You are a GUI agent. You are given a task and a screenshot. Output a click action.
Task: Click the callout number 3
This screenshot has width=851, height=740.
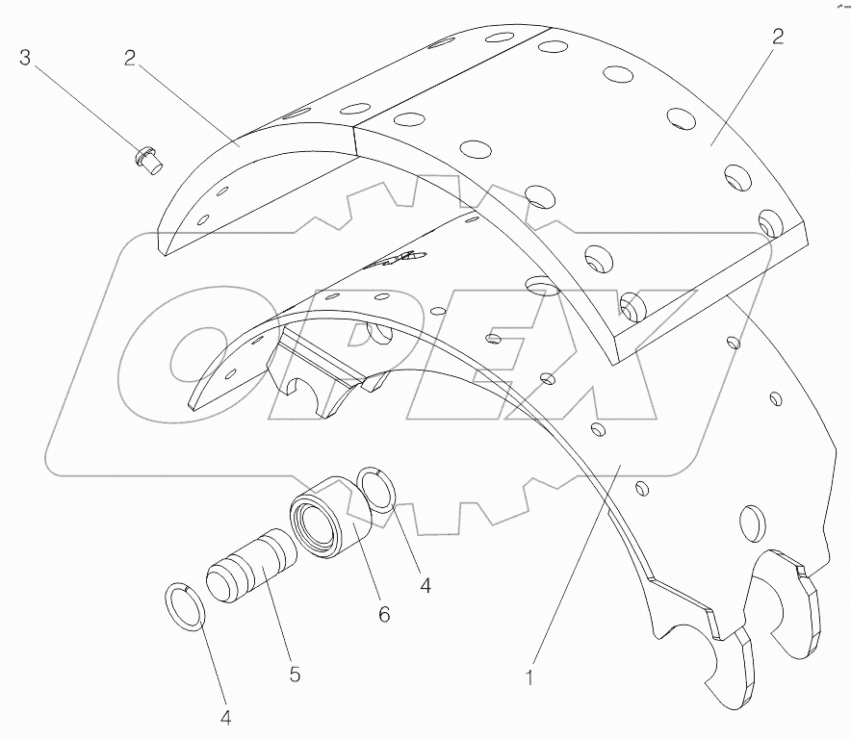tap(26, 57)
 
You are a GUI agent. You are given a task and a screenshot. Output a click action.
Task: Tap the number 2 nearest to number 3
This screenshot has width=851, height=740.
tap(129, 57)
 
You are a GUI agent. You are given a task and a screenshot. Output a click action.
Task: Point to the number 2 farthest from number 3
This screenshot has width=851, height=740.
tap(777, 38)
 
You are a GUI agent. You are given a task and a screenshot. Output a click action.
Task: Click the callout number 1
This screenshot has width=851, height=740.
tap(529, 676)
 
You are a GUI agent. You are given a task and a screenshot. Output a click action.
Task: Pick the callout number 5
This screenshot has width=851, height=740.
tap(295, 676)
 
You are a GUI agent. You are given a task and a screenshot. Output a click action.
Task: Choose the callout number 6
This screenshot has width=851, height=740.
tap(383, 613)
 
